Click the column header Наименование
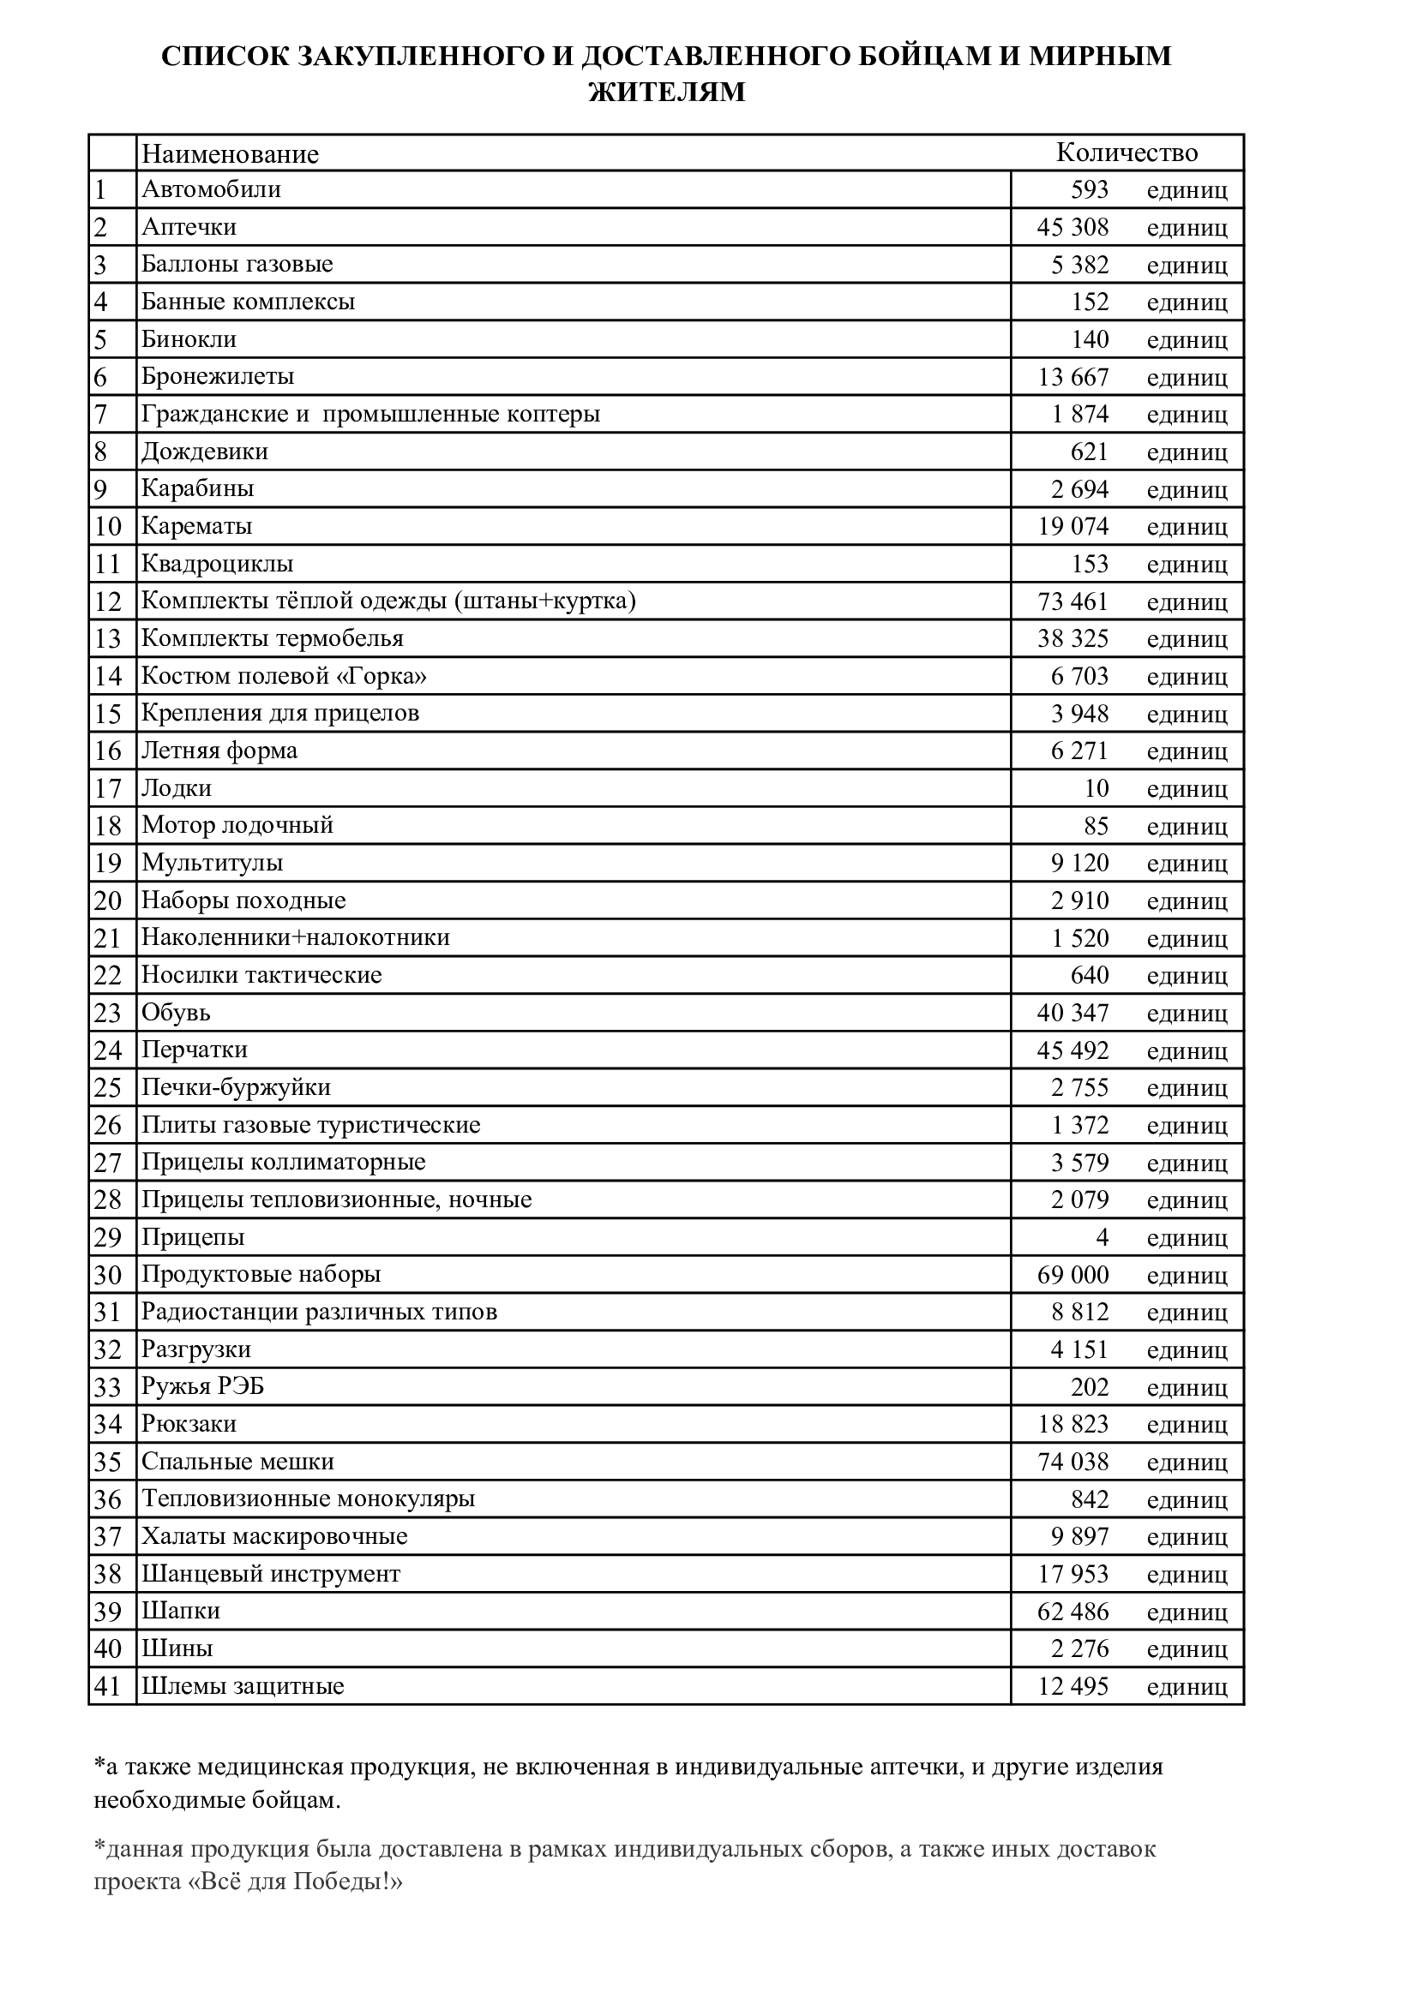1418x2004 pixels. coord(230,154)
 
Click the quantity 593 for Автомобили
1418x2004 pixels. coord(1089,189)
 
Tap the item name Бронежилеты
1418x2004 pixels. coord(218,376)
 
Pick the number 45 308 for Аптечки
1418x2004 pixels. coord(1073,227)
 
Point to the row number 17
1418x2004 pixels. coord(107,788)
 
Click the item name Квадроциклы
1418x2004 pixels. coord(218,564)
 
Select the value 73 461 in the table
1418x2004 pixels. coord(1073,601)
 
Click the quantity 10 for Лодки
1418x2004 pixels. coord(1096,788)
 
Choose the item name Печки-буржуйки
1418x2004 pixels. coord(236,1087)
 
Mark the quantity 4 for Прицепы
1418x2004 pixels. coord(1102,1238)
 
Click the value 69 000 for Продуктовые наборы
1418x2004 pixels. coord(1073,1275)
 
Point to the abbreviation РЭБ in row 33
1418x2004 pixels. coord(238,1387)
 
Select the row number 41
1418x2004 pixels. coord(107,1686)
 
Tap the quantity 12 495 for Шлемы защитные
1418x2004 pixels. coord(1073,1686)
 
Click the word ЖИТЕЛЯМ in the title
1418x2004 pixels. coord(667,92)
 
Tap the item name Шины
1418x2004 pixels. coord(177,1648)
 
